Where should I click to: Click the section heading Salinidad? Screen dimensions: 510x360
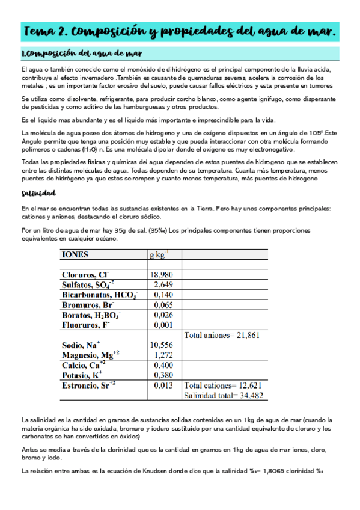point(38,193)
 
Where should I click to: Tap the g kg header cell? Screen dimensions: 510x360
point(159,254)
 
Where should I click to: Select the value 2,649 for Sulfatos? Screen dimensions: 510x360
point(163,284)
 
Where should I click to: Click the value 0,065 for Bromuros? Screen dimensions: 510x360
point(163,305)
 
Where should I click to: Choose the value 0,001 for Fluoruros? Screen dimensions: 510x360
point(163,325)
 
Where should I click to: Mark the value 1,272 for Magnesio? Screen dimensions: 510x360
point(163,354)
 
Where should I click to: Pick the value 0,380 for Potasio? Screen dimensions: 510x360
point(163,374)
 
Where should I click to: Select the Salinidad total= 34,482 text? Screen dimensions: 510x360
point(225,395)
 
